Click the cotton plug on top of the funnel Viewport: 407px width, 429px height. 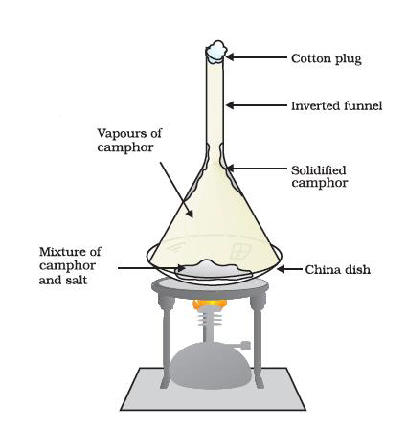(216, 51)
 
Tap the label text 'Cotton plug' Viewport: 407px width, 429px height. (327, 59)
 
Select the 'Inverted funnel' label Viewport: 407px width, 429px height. (336, 106)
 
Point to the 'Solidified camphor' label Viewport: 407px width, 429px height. (319, 176)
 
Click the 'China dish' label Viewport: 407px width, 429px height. (338, 270)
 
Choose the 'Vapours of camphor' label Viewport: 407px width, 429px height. (129, 141)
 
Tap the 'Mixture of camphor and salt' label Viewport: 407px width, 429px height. (70, 265)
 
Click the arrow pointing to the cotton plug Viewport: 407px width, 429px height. (257, 57)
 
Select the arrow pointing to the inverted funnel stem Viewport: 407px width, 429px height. (257, 105)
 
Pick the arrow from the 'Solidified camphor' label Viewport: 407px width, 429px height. (258, 169)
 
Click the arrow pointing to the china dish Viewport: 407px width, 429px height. (289, 269)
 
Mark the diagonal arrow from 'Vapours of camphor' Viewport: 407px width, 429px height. (176, 190)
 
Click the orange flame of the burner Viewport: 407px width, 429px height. (210, 305)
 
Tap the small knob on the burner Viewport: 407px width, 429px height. (245, 346)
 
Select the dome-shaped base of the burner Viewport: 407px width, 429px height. (211, 366)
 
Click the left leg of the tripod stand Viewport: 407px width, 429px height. (166, 342)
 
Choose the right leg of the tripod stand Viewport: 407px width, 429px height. (258, 342)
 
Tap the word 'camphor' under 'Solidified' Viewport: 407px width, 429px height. (320, 184)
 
